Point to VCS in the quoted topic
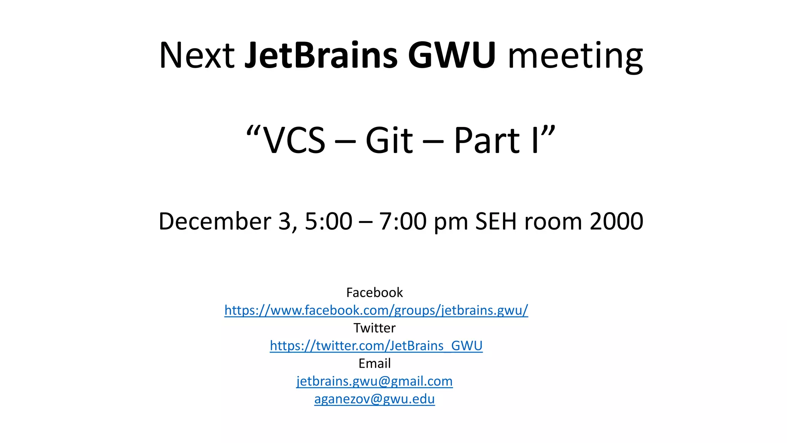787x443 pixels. (294, 141)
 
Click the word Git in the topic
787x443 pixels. (389, 141)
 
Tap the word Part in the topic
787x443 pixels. (487, 141)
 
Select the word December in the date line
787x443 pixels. (215, 221)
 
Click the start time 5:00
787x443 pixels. (329, 221)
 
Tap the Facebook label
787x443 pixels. (374, 293)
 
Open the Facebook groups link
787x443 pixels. (376, 310)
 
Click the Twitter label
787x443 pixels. (374, 328)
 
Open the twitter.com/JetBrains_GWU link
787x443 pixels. (376, 346)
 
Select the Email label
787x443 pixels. (374, 363)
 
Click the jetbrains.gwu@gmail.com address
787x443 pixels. (374, 381)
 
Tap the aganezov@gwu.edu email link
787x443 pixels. (374, 399)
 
